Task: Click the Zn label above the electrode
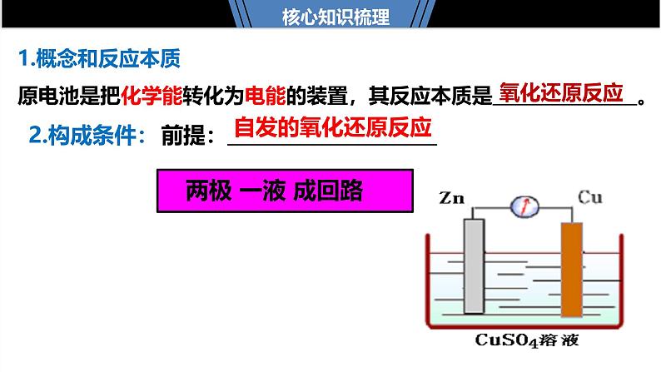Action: pyautogui.click(x=451, y=198)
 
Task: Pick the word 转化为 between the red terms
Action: pyautogui.click(x=208, y=96)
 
